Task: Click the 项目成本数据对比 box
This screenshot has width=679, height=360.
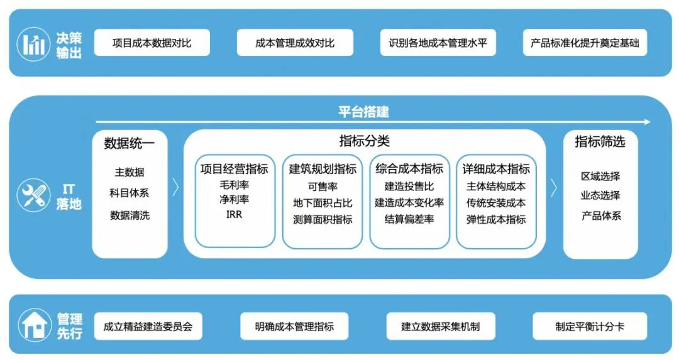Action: pyautogui.click(x=152, y=43)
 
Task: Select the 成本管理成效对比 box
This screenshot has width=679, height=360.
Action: pyautogui.click(x=294, y=43)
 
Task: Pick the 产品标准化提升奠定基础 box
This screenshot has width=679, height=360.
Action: pyautogui.click(x=585, y=43)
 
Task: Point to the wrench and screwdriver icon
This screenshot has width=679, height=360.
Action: pyautogui.click(x=33, y=196)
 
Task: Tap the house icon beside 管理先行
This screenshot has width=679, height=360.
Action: pyautogui.click(x=33, y=325)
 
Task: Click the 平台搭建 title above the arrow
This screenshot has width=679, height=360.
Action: pyautogui.click(x=363, y=112)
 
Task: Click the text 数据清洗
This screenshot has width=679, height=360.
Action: pyautogui.click(x=130, y=215)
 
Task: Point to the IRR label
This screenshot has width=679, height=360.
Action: pyautogui.click(x=234, y=215)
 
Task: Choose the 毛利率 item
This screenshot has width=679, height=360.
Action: pyautogui.click(x=234, y=186)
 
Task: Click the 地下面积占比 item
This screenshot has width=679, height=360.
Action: pyautogui.click(x=323, y=203)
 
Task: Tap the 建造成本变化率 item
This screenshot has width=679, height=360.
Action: pyautogui.click(x=409, y=203)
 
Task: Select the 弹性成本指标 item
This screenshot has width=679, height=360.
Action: pyautogui.click(x=496, y=219)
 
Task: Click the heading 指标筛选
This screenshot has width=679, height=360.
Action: pyautogui.click(x=600, y=141)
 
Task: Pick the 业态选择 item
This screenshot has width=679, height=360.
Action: pyautogui.click(x=600, y=195)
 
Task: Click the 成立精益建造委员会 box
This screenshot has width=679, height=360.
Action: pyautogui.click(x=148, y=327)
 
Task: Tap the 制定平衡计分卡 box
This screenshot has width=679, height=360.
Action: pyautogui.click(x=589, y=327)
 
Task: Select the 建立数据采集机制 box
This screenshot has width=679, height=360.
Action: pyautogui.click(x=440, y=327)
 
